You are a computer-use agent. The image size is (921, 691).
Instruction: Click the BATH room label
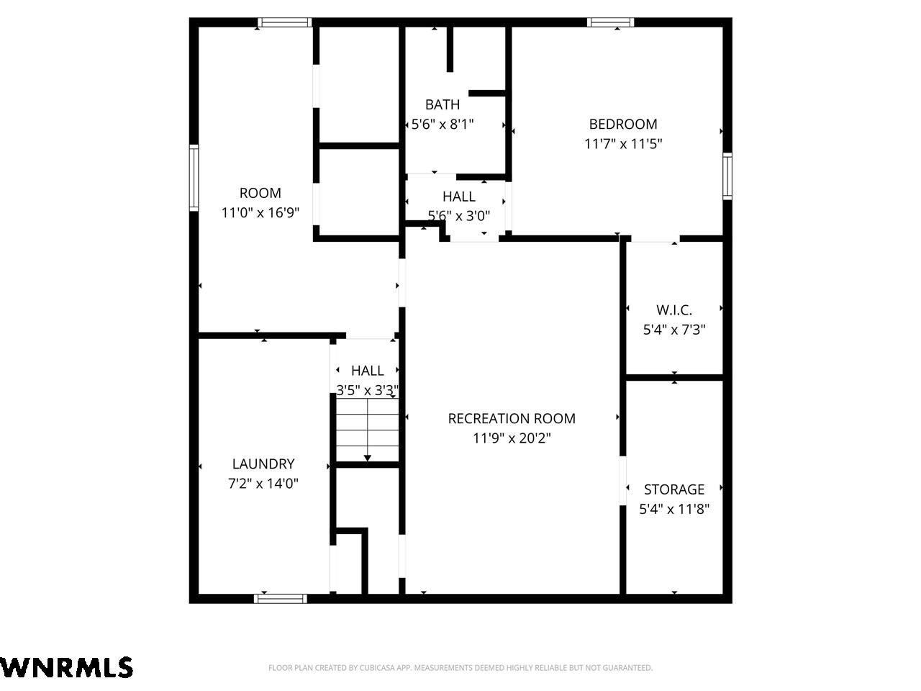(x=443, y=104)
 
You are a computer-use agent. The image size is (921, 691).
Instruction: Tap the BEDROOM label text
(x=623, y=125)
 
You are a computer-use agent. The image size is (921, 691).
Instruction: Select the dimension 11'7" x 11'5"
(x=623, y=144)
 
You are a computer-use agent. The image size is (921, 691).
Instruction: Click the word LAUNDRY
(x=263, y=464)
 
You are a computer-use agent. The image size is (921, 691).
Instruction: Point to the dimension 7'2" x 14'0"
(x=263, y=484)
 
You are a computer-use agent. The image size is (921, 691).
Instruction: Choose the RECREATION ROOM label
(x=512, y=419)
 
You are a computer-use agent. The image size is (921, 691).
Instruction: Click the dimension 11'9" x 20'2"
(x=512, y=438)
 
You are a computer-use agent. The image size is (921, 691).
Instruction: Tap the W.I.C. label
(x=674, y=310)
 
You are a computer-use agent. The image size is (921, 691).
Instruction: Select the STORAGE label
(x=674, y=489)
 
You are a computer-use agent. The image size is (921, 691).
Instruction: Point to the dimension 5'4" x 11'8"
(x=674, y=510)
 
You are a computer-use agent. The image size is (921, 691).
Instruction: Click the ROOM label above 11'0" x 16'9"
(x=260, y=193)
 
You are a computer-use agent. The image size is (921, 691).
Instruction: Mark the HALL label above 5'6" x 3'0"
(x=458, y=197)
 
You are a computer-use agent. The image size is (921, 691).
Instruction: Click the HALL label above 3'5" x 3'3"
(x=367, y=371)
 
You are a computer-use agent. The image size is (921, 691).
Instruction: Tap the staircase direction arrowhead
(x=367, y=458)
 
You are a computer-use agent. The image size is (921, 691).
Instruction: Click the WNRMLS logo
(x=66, y=667)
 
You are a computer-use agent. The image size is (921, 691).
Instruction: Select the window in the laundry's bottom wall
(x=281, y=599)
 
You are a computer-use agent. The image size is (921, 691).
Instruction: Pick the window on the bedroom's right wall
(x=727, y=176)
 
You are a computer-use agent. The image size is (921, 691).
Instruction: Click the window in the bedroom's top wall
(x=610, y=22)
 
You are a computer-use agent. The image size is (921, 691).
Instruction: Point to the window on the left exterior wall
(x=194, y=178)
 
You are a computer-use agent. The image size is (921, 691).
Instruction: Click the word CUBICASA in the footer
(x=376, y=667)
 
